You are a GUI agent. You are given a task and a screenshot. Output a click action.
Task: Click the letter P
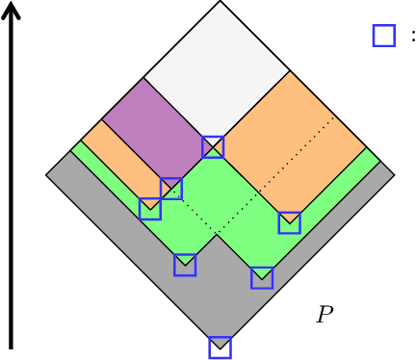(x=325, y=314)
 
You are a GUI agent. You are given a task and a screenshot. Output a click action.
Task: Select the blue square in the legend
(x=383, y=36)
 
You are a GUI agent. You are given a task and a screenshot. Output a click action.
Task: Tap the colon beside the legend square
(x=412, y=36)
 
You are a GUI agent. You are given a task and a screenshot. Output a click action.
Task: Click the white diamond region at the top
(x=217, y=67)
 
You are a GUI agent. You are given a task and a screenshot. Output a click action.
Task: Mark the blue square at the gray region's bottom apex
(x=221, y=347)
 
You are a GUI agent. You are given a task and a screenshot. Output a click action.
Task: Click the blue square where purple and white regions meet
(x=213, y=147)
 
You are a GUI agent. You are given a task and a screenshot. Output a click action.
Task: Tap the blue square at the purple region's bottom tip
(x=170, y=189)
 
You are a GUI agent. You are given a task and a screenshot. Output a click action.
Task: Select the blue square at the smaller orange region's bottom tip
(x=149, y=209)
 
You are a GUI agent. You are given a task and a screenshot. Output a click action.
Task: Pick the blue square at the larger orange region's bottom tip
(x=289, y=223)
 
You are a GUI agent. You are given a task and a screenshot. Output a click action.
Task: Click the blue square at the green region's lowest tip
(x=261, y=278)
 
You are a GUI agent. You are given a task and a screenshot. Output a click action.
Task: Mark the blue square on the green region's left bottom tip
(x=185, y=265)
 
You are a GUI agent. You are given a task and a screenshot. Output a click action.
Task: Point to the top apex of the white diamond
(x=220, y=3)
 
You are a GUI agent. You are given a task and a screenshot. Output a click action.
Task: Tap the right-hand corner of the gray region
(x=393, y=175)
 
